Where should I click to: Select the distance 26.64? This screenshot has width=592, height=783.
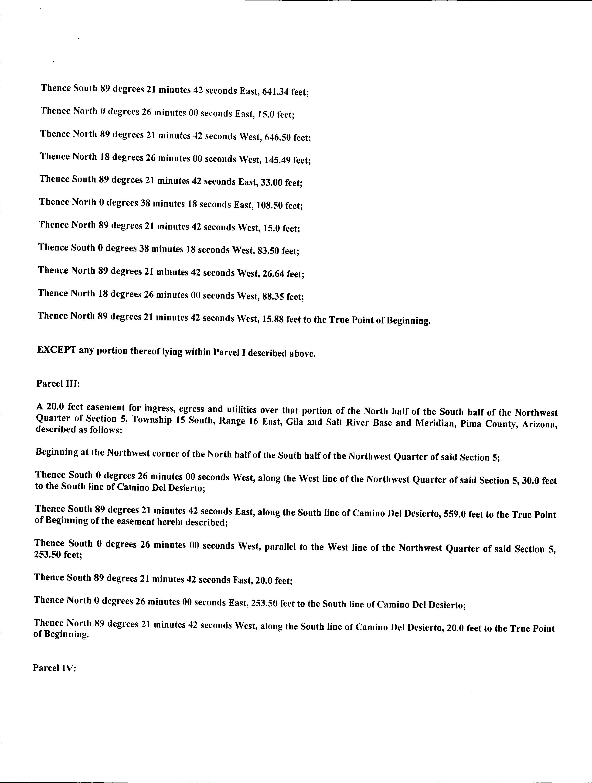tap(273, 273)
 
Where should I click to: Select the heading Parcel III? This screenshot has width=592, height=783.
tap(58, 384)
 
